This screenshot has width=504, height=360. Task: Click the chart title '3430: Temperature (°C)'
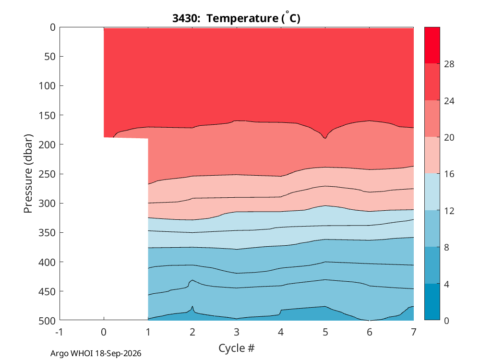[236, 18]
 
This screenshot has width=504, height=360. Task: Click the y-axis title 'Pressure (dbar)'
[28, 174]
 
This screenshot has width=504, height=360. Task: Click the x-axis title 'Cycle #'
[236, 348]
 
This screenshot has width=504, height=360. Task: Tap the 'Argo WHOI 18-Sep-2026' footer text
[96, 354]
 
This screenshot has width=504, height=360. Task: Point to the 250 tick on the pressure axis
[47, 174]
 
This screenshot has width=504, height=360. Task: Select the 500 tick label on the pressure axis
[47, 321]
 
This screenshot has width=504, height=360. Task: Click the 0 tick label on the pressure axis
[53, 27]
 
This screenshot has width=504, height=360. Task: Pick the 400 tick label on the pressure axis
[47, 262]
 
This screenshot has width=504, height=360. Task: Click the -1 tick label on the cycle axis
[59, 332]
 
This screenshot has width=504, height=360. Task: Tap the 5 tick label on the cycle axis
[325, 332]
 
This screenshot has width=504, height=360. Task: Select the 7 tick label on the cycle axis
[414, 332]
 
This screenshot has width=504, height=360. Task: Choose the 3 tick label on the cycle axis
[237, 332]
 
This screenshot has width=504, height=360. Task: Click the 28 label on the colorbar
[449, 64]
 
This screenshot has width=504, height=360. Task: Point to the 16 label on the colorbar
[449, 174]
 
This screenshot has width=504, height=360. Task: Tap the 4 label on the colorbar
[446, 284]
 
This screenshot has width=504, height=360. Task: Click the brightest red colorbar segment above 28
[432, 45]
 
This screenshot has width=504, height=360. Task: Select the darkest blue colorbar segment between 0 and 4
[432, 302]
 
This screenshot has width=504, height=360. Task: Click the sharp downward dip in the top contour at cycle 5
[325, 138]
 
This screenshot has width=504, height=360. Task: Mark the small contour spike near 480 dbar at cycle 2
[192, 307]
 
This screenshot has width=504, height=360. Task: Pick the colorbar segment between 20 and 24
[432, 119]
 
